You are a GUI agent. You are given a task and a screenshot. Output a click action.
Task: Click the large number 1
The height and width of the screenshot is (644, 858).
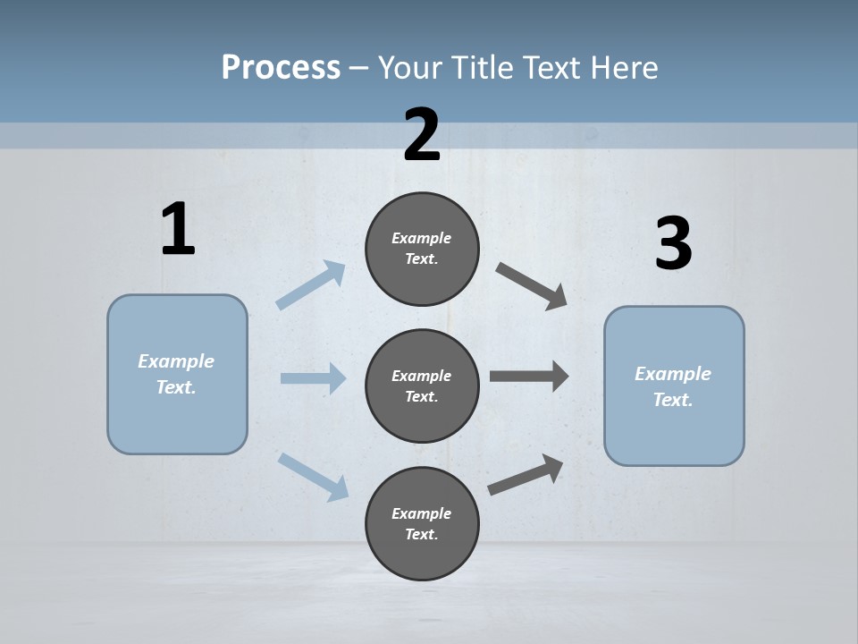click(x=178, y=230)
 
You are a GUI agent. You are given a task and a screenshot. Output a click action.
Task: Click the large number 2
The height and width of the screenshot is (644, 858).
click(x=422, y=135)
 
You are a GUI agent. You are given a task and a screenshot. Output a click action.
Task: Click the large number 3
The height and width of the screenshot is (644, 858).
click(x=673, y=244)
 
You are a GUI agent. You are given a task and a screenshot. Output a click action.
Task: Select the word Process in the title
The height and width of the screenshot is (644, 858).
click(x=281, y=67)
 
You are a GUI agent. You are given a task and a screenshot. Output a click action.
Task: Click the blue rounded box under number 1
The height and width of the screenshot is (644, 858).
click(x=177, y=374)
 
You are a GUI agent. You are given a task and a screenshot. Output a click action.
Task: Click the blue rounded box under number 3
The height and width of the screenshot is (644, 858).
click(x=674, y=386)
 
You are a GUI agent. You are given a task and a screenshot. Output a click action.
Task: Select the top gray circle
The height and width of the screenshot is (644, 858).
click(x=422, y=249)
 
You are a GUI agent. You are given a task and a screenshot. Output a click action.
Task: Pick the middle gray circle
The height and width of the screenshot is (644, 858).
click(x=422, y=386)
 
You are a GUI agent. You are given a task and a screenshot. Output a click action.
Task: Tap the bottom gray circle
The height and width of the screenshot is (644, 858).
click(x=422, y=523)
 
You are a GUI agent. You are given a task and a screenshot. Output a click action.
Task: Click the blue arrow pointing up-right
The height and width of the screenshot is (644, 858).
click(x=311, y=285)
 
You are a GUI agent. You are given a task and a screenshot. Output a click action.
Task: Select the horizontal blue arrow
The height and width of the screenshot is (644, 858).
click(x=313, y=378)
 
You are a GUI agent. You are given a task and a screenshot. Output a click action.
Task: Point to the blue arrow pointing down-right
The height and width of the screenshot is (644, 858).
click(x=313, y=476)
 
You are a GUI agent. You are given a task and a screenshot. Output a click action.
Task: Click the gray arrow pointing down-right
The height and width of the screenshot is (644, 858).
click(x=532, y=286)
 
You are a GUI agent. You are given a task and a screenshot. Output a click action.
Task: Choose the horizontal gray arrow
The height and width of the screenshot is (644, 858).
click(x=529, y=377)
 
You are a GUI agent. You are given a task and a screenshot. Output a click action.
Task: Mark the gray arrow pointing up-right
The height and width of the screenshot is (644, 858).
click(x=526, y=474)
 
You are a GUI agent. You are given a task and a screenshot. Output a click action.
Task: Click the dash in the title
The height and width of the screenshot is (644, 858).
click(x=359, y=68)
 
